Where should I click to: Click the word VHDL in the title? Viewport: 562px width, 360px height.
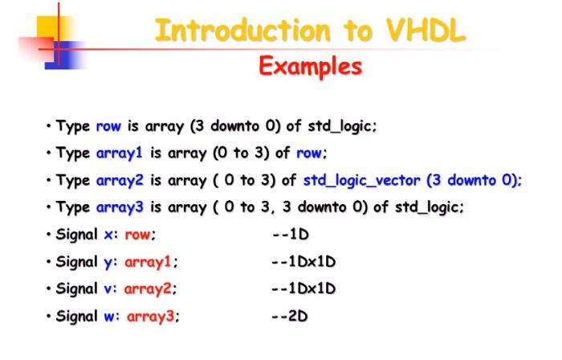pyautogui.click(x=426, y=30)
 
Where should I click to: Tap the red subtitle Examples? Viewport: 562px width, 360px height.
pyautogui.click(x=311, y=67)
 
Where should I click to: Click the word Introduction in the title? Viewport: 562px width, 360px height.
pyautogui.click(x=242, y=30)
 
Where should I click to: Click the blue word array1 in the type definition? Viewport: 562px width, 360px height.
pyautogui.click(x=120, y=153)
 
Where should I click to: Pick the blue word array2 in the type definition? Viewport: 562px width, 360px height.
pyautogui.click(x=120, y=180)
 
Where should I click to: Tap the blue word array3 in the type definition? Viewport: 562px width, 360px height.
pyautogui.click(x=120, y=207)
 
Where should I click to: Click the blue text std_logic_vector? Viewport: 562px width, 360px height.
pyautogui.click(x=361, y=180)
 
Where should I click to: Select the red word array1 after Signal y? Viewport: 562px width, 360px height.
pyautogui.click(x=148, y=262)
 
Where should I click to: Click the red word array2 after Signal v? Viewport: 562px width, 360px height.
pyautogui.click(x=148, y=289)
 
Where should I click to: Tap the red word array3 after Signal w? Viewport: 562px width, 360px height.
pyautogui.click(x=151, y=317)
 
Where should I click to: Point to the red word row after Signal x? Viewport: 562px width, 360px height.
pyautogui.click(x=137, y=235)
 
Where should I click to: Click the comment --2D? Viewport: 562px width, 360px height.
pyautogui.click(x=290, y=316)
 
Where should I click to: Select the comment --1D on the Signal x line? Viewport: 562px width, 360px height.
pyautogui.click(x=291, y=235)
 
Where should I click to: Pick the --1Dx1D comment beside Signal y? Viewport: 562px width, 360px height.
pyautogui.click(x=303, y=262)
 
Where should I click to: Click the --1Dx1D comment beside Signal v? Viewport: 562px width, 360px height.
pyautogui.click(x=303, y=288)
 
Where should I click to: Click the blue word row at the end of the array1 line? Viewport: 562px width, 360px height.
pyautogui.click(x=309, y=153)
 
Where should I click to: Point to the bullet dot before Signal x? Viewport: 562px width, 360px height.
pyautogui.click(x=48, y=235)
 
